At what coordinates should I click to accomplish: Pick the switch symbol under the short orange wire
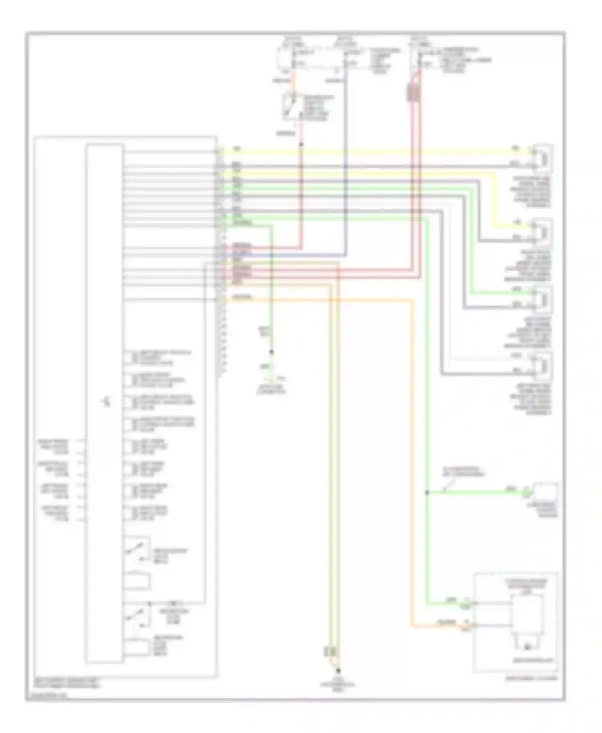[x=292, y=106]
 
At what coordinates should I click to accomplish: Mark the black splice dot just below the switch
[x=301, y=144]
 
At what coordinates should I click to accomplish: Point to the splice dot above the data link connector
[x=271, y=352]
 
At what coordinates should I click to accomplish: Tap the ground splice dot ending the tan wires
[x=338, y=670]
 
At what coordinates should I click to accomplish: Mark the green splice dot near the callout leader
[x=427, y=492]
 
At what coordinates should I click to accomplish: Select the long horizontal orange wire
[x=321, y=300]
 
